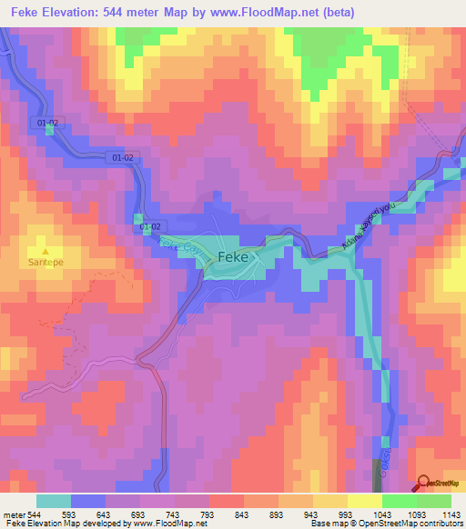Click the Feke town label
(x=236, y=258)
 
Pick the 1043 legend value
(x=381, y=514)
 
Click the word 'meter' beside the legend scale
(x=14, y=514)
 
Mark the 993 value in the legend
(x=347, y=514)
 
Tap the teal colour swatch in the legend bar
(x=54, y=501)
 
